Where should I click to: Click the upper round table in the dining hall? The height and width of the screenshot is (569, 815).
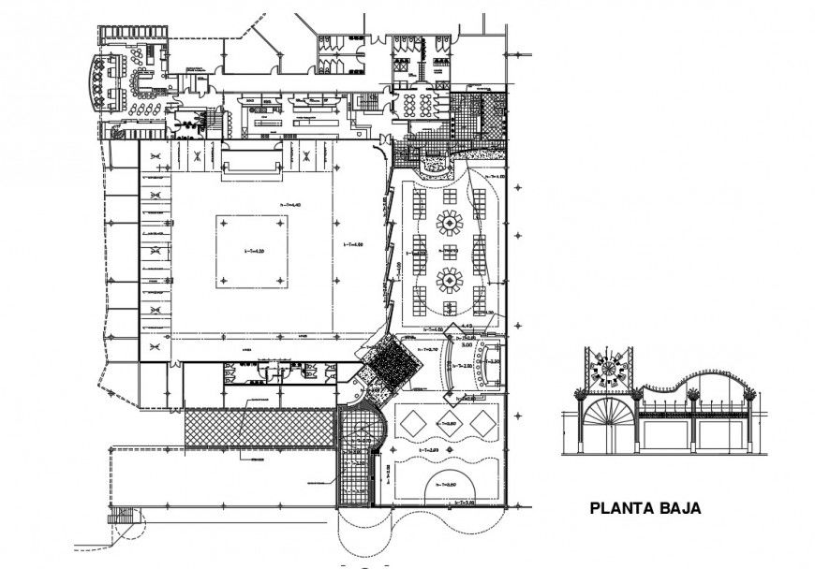pos(451,224)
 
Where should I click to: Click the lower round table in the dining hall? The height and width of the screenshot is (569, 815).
pos(451,279)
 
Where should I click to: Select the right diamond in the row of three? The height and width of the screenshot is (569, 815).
pos(481,423)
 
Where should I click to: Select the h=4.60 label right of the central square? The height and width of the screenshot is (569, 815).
pos(352,245)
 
